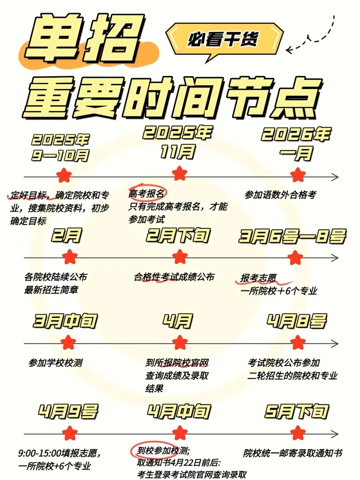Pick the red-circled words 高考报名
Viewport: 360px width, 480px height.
coord(147,193)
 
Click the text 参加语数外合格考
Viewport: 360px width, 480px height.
coord(280,195)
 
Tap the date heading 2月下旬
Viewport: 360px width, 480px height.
coord(178,236)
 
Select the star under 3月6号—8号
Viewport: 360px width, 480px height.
coord(295,258)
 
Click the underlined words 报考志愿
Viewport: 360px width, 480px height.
coord(258,278)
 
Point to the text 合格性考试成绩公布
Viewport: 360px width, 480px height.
coord(174,277)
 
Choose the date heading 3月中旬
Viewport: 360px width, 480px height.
coord(65,321)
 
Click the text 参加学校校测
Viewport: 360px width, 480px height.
coord(56,362)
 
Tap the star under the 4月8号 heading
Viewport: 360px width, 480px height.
coord(298,342)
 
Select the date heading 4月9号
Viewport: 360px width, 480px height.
coord(68,412)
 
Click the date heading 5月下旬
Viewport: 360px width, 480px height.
coord(297,412)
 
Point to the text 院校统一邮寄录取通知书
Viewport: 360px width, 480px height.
coord(293,453)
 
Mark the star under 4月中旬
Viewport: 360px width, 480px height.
coord(180,433)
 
